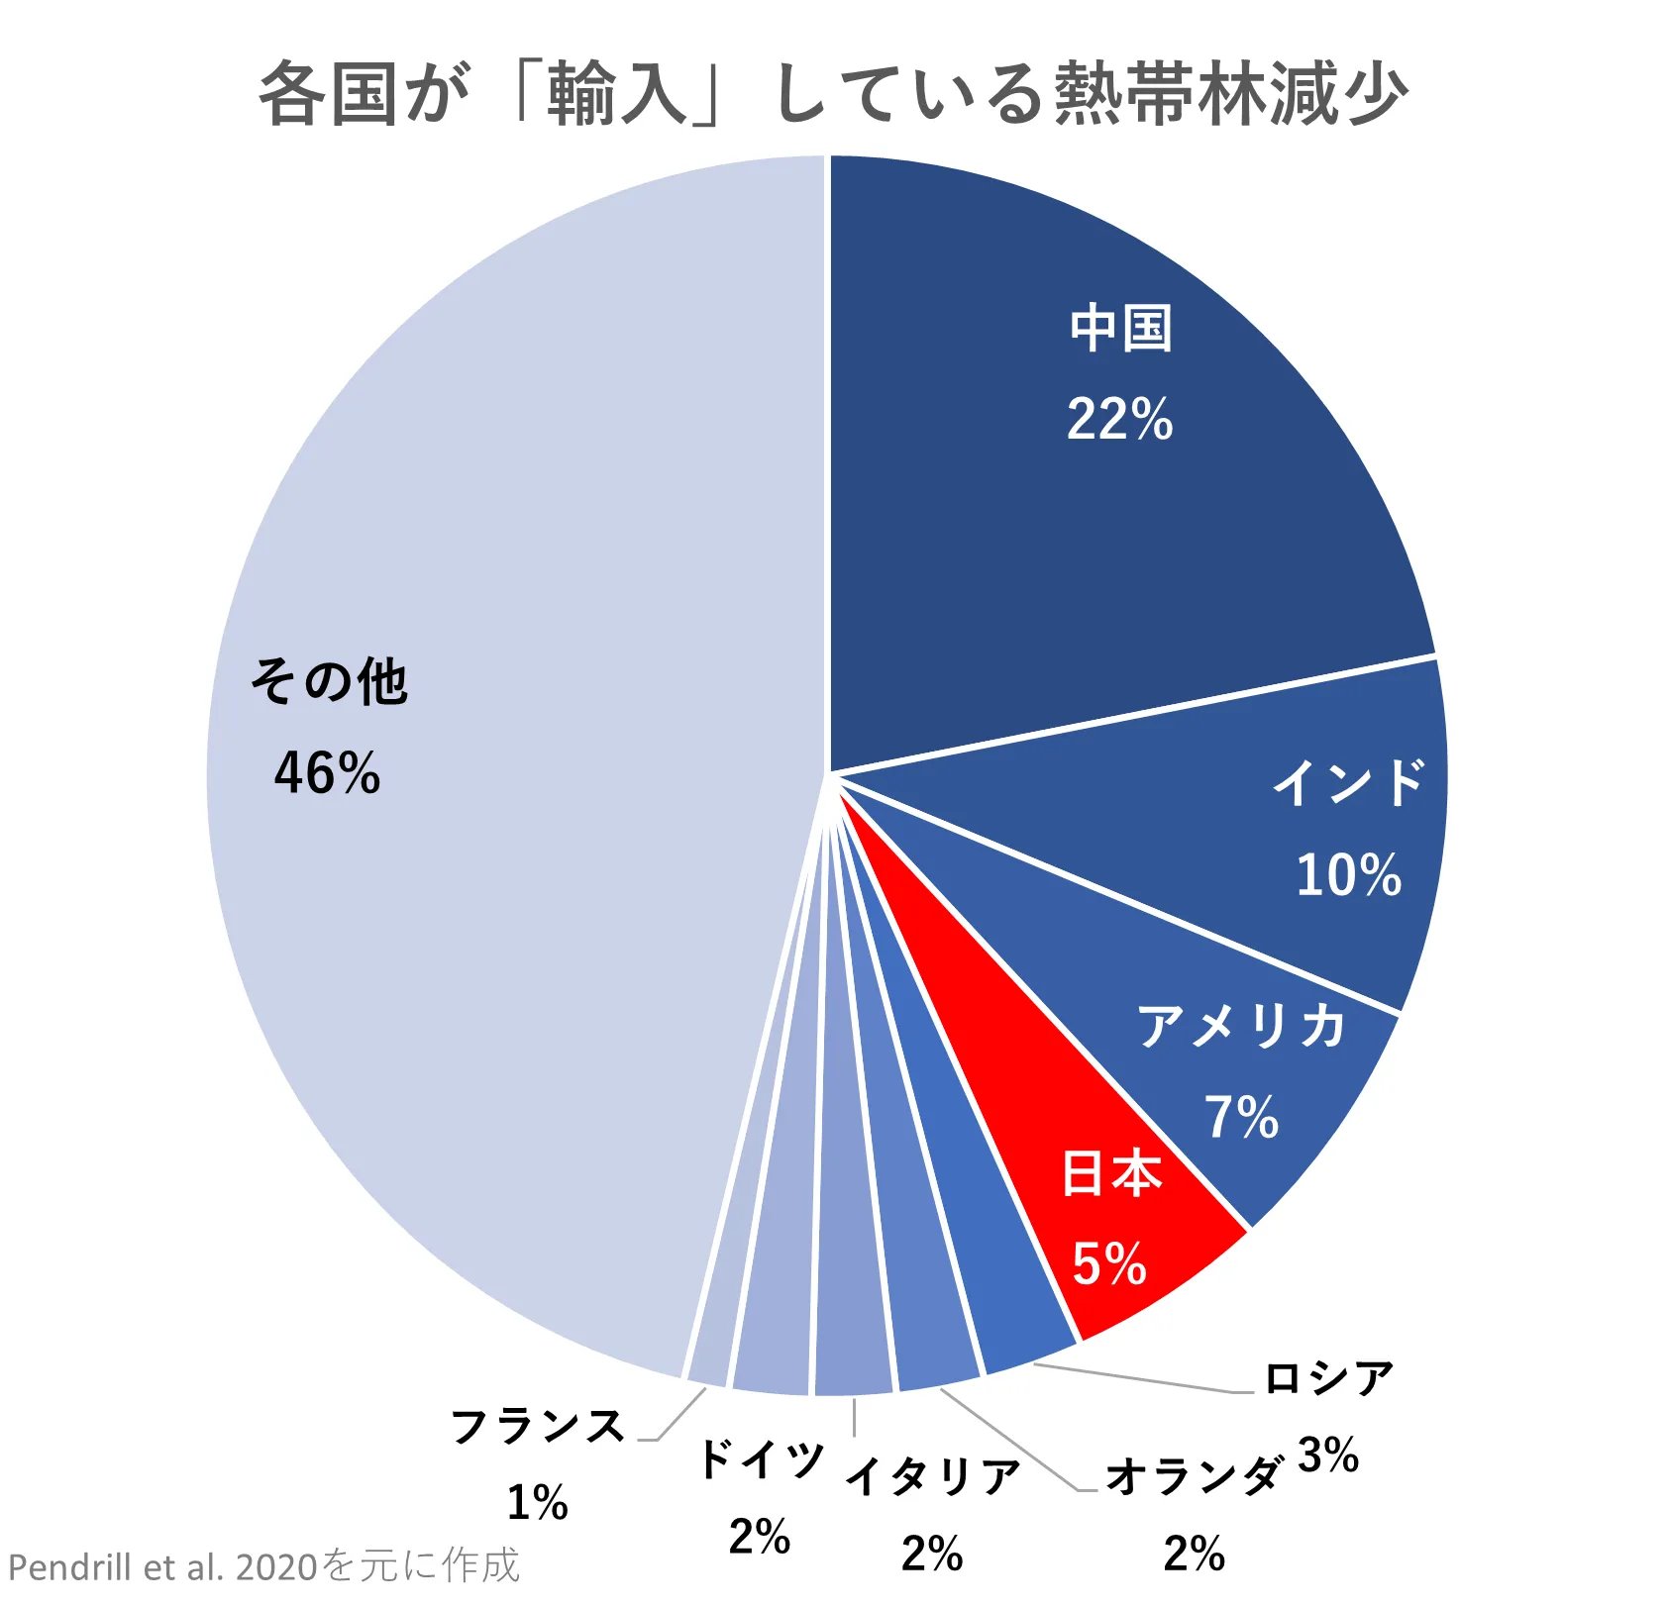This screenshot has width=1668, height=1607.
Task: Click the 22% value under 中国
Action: click(1119, 419)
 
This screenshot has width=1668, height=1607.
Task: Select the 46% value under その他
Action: click(327, 773)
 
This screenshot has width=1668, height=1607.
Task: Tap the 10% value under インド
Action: click(1348, 875)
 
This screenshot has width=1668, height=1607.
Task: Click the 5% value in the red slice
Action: click(1109, 1264)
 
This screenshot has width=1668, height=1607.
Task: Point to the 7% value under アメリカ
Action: click(1241, 1117)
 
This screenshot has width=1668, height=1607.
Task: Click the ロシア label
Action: click(1329, 1377)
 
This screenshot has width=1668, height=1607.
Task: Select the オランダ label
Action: click(1194, 1476)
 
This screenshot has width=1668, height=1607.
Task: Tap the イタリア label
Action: click(932, 1476)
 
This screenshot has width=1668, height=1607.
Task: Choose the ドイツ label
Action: click(761, 1459)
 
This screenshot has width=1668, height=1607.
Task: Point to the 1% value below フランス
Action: click(537, 1502)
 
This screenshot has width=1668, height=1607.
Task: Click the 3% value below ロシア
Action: click(1327, 1455)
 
